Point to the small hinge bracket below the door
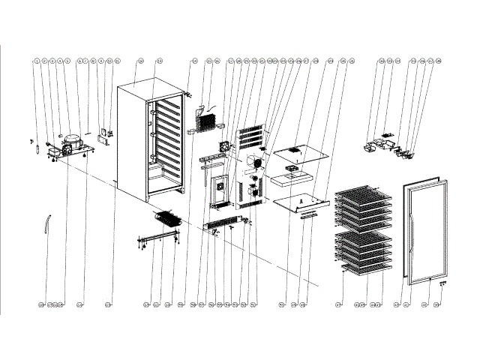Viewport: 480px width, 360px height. tap(442, 283)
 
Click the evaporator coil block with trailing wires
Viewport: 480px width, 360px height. tap(204, 116)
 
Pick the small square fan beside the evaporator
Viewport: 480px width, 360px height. tap(222, 146)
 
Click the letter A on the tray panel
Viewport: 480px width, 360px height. tap(301, 200)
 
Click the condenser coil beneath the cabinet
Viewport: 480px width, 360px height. tap(166, 220)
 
